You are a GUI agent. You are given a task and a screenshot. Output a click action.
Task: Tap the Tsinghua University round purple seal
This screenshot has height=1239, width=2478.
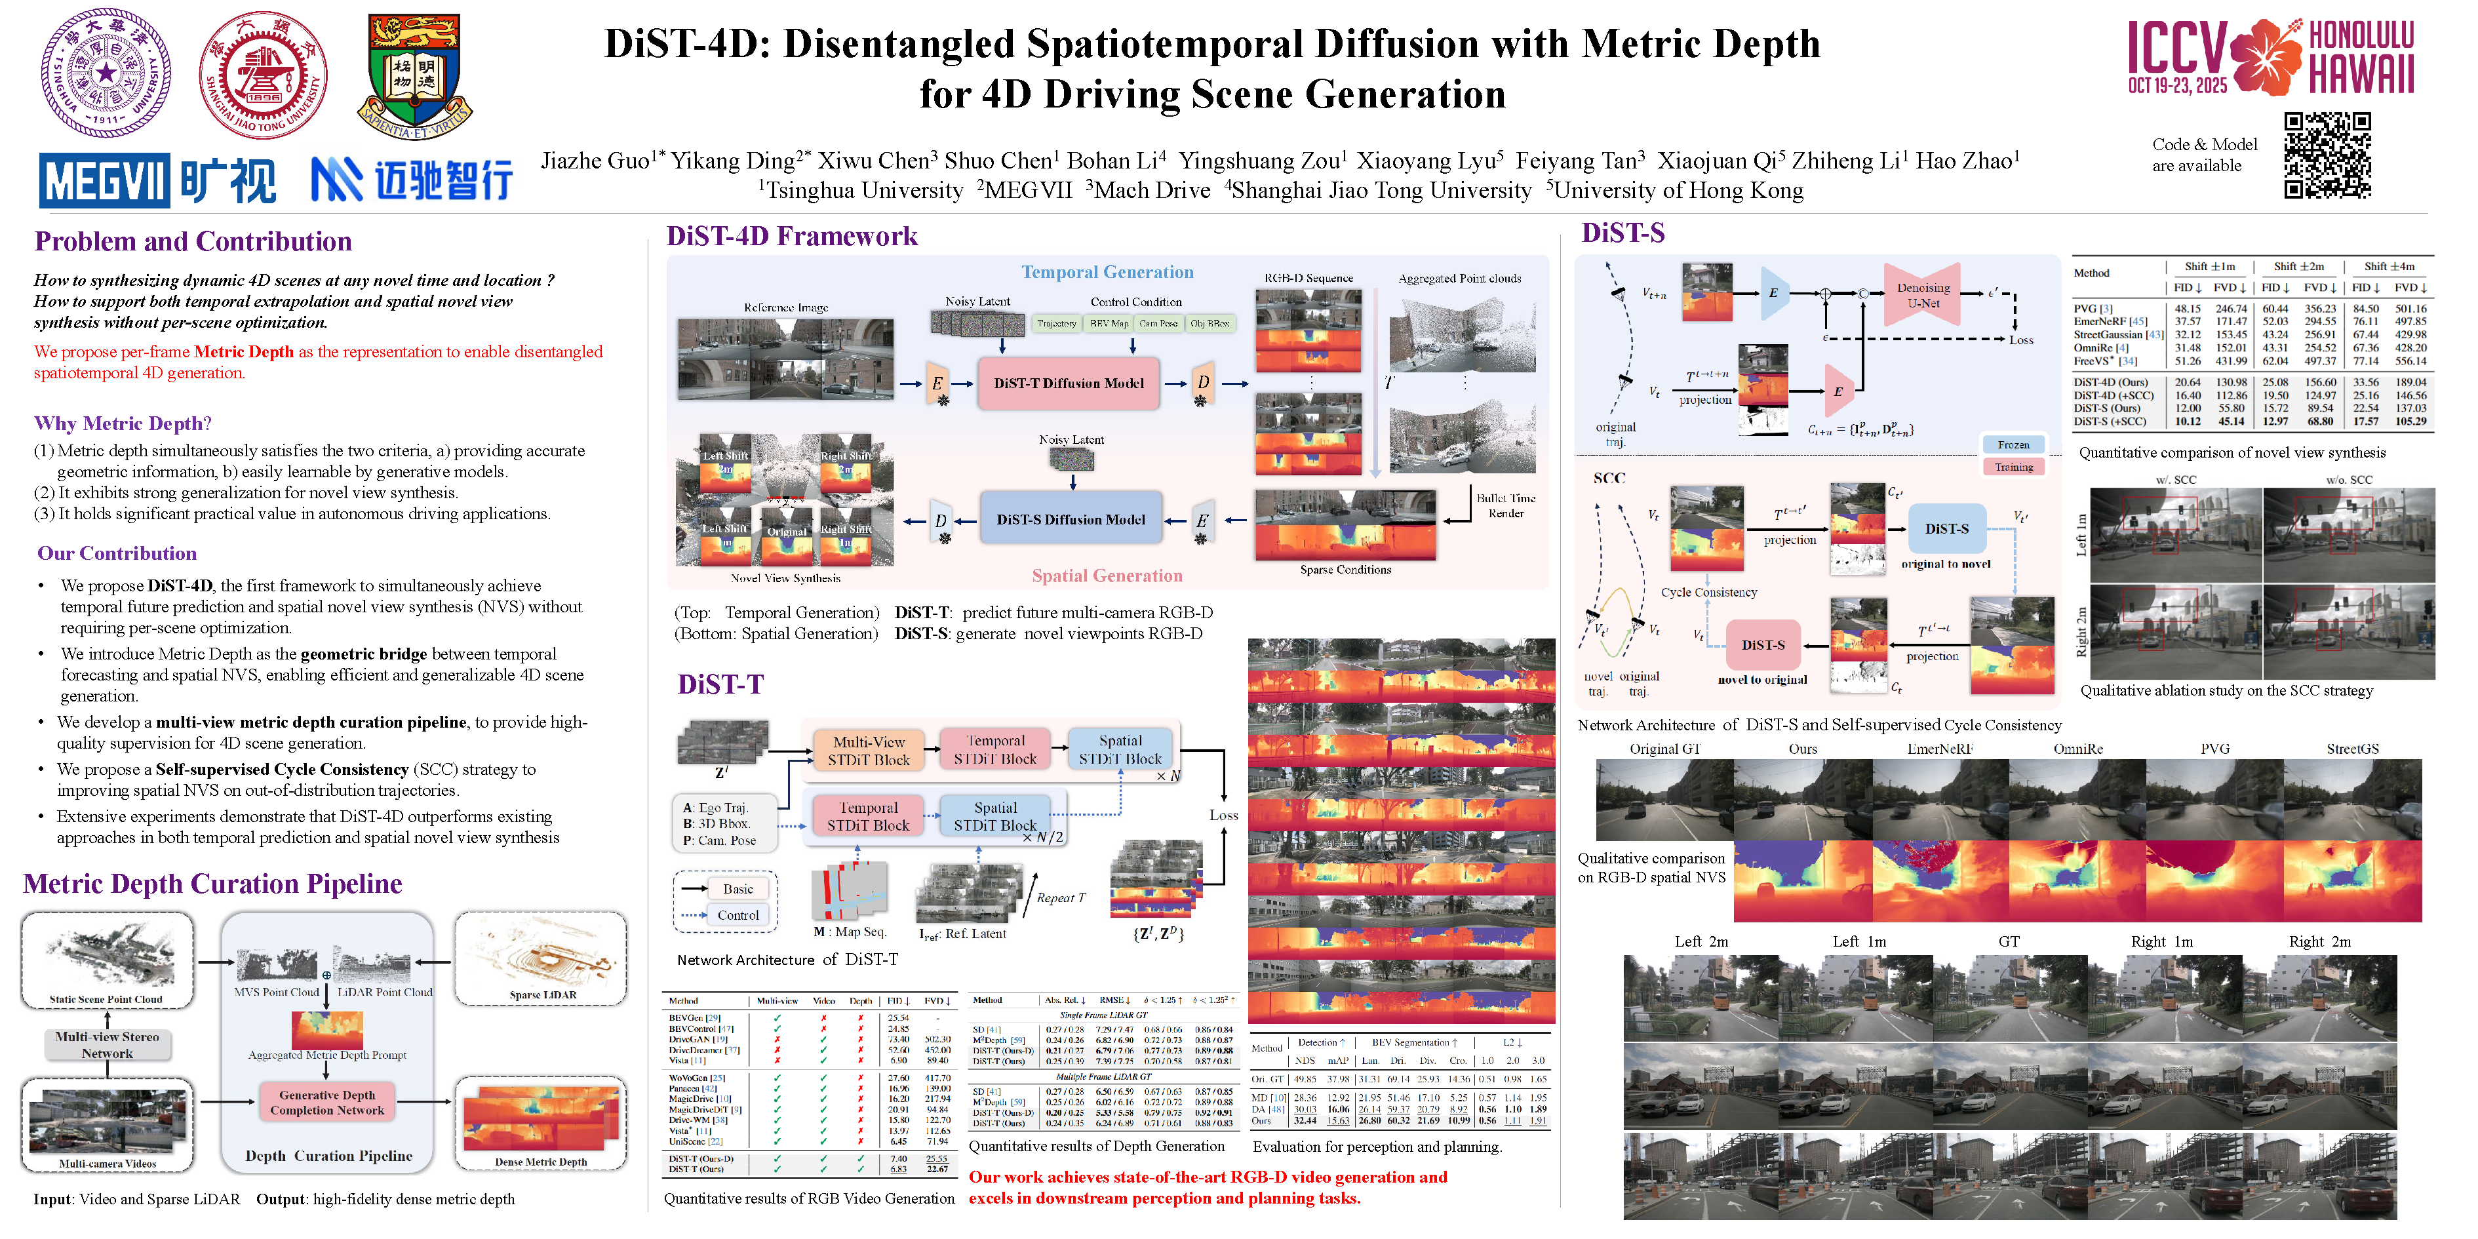point(106,73)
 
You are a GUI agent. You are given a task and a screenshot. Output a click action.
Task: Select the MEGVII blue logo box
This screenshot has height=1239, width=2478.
point(105,180)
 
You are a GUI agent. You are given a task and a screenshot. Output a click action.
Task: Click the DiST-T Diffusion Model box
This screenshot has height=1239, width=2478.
point(1068,383)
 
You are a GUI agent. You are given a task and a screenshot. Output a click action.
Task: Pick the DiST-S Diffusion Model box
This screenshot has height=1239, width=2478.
point(1070,519)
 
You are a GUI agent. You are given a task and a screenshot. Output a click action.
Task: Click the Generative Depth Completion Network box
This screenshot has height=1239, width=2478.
point(327,1103)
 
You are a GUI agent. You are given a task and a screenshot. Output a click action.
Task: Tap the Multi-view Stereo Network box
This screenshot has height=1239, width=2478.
point(107,1045)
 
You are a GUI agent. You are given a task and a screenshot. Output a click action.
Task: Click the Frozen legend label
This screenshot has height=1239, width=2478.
point(2013,444)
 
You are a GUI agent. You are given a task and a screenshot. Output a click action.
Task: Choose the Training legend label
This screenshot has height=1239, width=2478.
point(2013,467)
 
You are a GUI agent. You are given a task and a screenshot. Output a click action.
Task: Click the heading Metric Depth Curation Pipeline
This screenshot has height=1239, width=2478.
point(212,883)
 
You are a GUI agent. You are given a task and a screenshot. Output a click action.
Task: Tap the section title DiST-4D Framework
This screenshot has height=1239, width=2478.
point(792,236)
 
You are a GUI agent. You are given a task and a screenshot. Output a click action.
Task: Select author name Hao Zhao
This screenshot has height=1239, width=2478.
point(1967,161)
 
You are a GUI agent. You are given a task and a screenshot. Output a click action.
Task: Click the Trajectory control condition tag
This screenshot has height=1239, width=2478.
point(1055,323)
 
